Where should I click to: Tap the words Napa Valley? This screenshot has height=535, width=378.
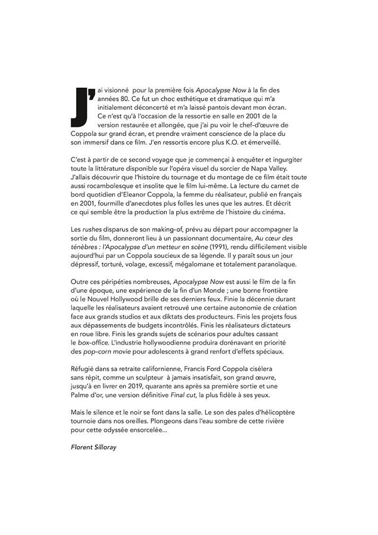(264, 169)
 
